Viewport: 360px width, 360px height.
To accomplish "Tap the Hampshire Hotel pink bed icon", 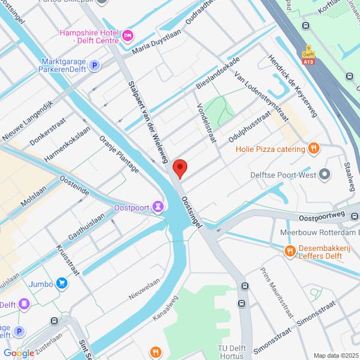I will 127,37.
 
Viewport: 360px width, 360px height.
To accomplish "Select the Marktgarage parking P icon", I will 94,65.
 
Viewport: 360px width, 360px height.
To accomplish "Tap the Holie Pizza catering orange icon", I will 313,148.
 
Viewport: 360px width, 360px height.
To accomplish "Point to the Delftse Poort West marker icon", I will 325,175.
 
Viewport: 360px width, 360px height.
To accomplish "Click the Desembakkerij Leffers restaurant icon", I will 290,251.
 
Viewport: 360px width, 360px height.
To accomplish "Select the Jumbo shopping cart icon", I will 62,282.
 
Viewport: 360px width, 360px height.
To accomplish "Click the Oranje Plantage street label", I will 119,154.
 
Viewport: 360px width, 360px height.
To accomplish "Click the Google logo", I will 19,353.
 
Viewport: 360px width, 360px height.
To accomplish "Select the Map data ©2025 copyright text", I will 335,355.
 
